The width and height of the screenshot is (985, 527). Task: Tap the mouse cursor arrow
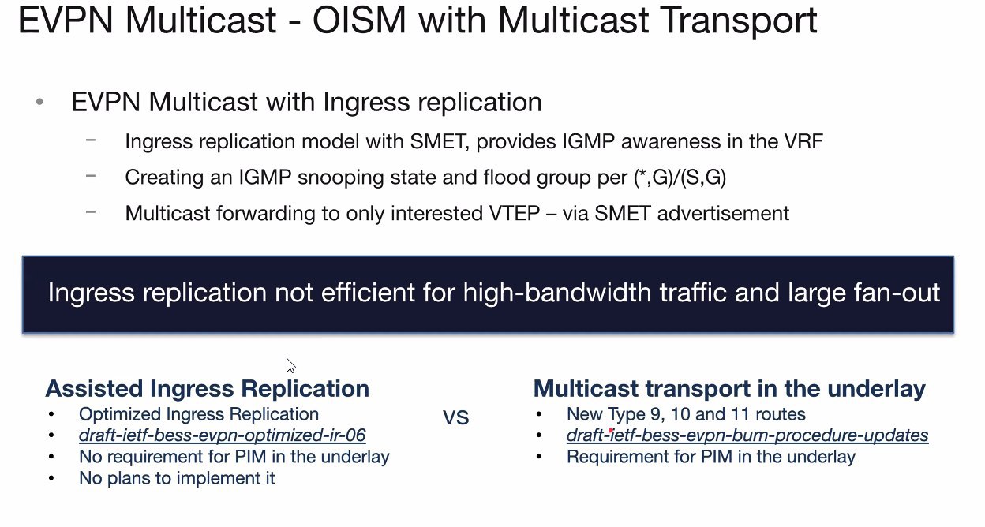(290, 366)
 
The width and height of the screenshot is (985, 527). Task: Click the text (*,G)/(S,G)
(680, 178)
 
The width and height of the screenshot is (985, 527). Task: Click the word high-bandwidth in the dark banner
(556, 292)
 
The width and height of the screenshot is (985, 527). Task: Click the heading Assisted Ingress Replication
(207, 389)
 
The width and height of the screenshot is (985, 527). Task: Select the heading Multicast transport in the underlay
(729, 389)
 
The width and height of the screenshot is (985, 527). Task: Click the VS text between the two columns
(456, 417)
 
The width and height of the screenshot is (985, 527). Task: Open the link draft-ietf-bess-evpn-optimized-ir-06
(222, 435)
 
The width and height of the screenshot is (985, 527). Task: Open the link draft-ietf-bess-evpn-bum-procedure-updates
(747, 435)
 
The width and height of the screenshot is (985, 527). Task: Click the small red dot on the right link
(611, 430)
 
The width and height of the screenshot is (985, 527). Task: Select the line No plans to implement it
(177, 478)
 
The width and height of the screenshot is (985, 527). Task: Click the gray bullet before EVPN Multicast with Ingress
(39, 102)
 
